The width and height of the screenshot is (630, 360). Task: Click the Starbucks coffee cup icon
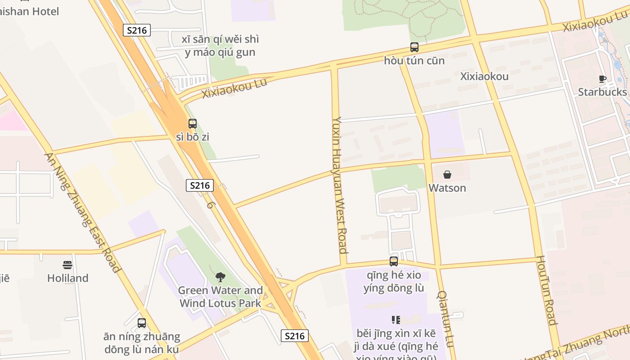603,79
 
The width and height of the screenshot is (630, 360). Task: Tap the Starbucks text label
602,92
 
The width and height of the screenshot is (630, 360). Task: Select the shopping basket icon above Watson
447,175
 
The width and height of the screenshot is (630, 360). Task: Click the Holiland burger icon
67,265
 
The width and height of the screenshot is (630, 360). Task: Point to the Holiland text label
67,278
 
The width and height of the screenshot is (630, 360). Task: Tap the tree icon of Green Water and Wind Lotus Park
220,277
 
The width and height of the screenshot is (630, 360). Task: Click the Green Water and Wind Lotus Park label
220,297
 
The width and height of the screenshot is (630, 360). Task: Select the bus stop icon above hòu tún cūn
414,47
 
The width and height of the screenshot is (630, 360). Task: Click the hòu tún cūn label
414,60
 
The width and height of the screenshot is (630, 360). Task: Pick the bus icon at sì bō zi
193,124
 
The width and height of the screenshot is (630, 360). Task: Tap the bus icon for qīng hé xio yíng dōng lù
394,261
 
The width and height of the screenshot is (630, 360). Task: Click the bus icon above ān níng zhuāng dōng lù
142,323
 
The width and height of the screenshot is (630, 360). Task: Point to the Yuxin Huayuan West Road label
340,185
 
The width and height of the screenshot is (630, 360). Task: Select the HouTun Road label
545,290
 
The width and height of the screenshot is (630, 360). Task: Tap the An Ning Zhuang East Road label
82,213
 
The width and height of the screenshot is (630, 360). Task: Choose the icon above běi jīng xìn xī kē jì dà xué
396,320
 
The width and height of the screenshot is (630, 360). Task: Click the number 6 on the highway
210,204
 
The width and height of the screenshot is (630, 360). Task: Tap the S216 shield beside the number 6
199,185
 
